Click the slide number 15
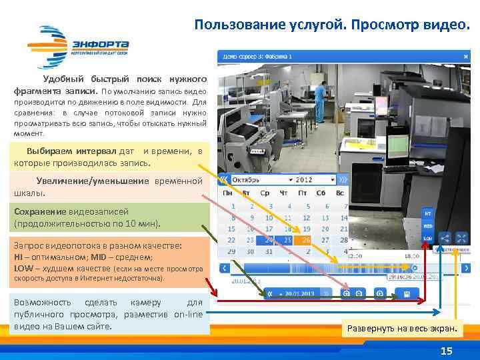click(447, 351)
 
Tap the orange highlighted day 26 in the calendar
click(307, 240)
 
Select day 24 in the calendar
click(269, 240)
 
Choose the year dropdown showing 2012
click(315, 180)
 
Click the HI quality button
click(427, 213)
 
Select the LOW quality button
click(427, 237)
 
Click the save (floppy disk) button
click(406, 293)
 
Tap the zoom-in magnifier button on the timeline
click(347, 293)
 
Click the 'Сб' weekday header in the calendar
click(325, 193)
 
